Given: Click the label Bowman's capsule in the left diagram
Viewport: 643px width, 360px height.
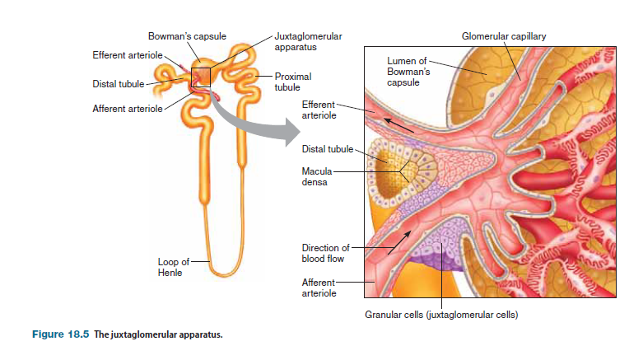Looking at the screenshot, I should coord(187,36).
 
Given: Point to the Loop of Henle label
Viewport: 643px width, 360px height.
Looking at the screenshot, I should coord(174,267).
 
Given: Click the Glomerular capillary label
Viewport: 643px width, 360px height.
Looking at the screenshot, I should coord(503,36).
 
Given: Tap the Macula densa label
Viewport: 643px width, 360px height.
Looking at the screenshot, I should coord(317,176).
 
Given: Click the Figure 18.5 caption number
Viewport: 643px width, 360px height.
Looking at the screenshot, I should coord(59,335).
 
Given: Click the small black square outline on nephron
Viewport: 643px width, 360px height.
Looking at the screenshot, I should coord(201,77).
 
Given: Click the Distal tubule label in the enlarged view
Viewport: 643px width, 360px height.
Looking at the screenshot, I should coord(327,149).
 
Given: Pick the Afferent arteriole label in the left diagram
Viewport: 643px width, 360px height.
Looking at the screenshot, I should coord(126,110).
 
